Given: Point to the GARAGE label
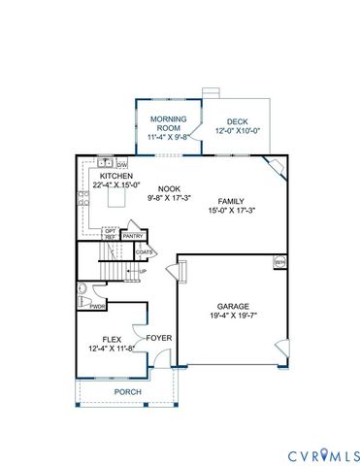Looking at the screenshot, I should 233,306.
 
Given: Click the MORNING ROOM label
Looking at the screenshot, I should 167,122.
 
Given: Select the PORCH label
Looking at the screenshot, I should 127,391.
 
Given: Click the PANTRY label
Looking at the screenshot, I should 134,235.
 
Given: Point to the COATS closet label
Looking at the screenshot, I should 145,251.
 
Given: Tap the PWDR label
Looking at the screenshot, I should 97,306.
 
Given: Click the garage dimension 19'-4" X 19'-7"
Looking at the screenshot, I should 233,316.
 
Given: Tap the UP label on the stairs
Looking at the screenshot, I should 143,271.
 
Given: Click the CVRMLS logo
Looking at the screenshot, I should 324,454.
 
